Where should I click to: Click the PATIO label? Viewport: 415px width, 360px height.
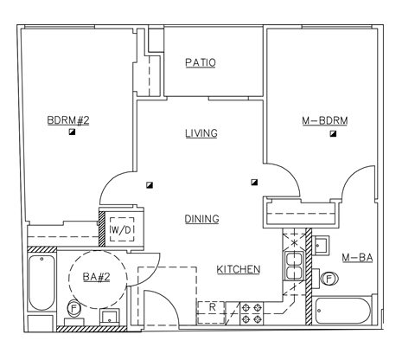tap(201, 63)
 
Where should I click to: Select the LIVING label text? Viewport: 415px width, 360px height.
tap(201, 133)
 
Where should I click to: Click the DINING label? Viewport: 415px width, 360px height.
tap(201, 219)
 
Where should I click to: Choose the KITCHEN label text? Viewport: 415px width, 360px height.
tap(238, 269)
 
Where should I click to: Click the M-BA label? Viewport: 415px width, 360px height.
tap(357, 258)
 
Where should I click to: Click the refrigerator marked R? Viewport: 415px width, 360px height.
tap(212, 307)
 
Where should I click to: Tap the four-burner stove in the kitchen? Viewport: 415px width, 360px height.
tap(251, 312)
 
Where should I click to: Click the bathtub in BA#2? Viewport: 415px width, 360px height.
tap(40, 284)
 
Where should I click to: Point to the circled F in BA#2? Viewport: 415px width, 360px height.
tap(74, 308)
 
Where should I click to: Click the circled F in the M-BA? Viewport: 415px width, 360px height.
tap(329, 278)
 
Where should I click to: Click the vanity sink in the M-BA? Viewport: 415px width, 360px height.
tap(322, 245)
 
